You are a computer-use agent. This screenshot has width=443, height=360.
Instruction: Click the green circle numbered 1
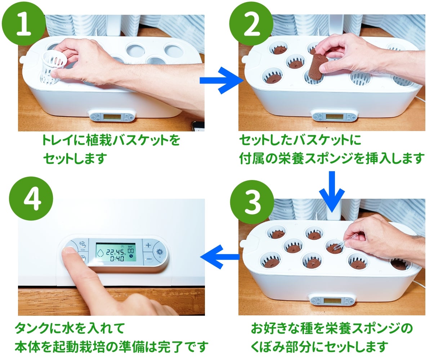coord(24,23)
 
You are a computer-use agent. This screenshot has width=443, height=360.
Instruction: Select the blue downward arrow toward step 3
coord(332,190)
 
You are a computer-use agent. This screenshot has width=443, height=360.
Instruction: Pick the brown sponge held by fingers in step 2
coord(318,66)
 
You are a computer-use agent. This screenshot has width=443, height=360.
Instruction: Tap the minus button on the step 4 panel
coord(148,259)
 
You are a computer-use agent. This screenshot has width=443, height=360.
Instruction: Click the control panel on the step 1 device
coord(112,117)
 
